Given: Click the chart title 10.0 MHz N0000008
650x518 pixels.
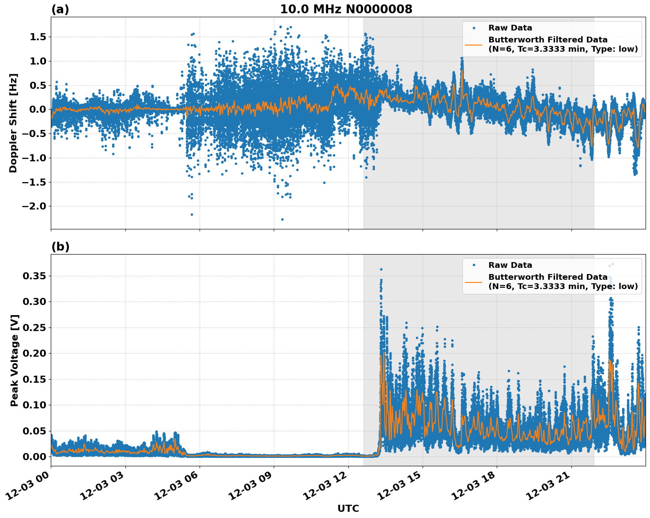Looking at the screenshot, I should pyautogui.click(x=346, y=9).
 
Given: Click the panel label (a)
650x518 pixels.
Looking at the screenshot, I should pyautogui.click(x=60, y=9).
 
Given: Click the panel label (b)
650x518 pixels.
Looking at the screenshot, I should pyautogui.click(x=60, y=247).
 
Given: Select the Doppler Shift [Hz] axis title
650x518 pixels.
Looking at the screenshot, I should pyautogui.click(x=13, y=123).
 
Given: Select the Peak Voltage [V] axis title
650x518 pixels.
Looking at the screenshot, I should pyautogui.click(x=15, y=360).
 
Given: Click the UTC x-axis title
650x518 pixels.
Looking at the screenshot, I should pyautogui.click(x=348, y=508).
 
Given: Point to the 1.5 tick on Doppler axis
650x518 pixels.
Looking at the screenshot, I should pyautogui.click(x=38, y=37).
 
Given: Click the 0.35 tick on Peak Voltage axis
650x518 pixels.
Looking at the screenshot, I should pyautogui.click(x=35, y=276).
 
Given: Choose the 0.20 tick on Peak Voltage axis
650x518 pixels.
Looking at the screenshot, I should pyautogui.click(x=35, y=354).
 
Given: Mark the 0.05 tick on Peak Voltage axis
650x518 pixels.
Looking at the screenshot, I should pyautogui.click(x=35, y=431).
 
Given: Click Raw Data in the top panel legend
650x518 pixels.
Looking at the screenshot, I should pyautogui.click(x=510, y=28).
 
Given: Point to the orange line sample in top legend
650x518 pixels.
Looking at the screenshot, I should pyautogui.click(x=473, y=45).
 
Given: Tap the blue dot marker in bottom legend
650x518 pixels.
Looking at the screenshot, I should pyautogui.click(x=473, y=265).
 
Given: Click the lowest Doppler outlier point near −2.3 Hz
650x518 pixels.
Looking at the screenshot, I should pyautogui.click(x=282, y=219).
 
